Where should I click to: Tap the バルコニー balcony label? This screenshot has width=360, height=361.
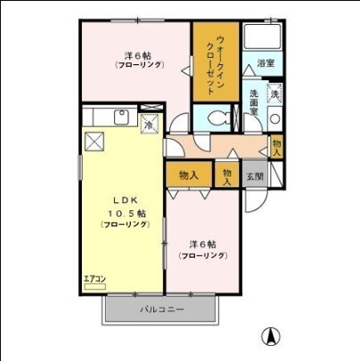tap(161, 310)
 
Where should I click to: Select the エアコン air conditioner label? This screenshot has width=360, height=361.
tap(94, 279)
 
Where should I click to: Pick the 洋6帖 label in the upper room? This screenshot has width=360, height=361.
tap(136, 54)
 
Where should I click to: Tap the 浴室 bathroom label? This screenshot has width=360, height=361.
tap(265, 63)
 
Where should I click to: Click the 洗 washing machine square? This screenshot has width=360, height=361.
tap(274, 94)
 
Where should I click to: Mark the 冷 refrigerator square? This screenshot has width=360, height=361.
tap(150, 124)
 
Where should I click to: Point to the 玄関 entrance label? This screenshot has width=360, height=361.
tap(255, 176)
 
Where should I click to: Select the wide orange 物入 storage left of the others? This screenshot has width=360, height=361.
tap(188, 175)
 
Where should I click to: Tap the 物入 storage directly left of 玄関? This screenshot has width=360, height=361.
tap(229, 175)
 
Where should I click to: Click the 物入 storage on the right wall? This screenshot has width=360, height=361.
tap(276, 147)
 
